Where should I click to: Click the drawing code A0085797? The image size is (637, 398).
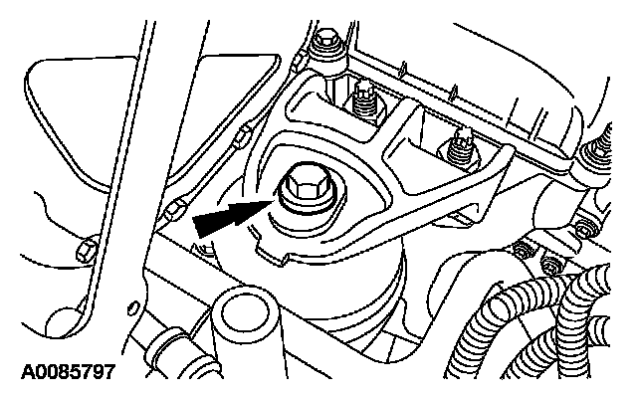tap(61, 376)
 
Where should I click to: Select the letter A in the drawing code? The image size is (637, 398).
tap(13, 376)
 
